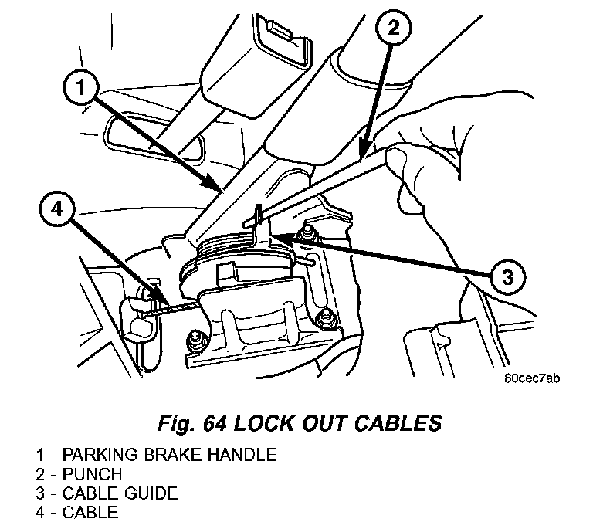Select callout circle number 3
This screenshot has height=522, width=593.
(x=507, y=276)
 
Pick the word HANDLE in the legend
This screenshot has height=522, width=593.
(x=241, y=454)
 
